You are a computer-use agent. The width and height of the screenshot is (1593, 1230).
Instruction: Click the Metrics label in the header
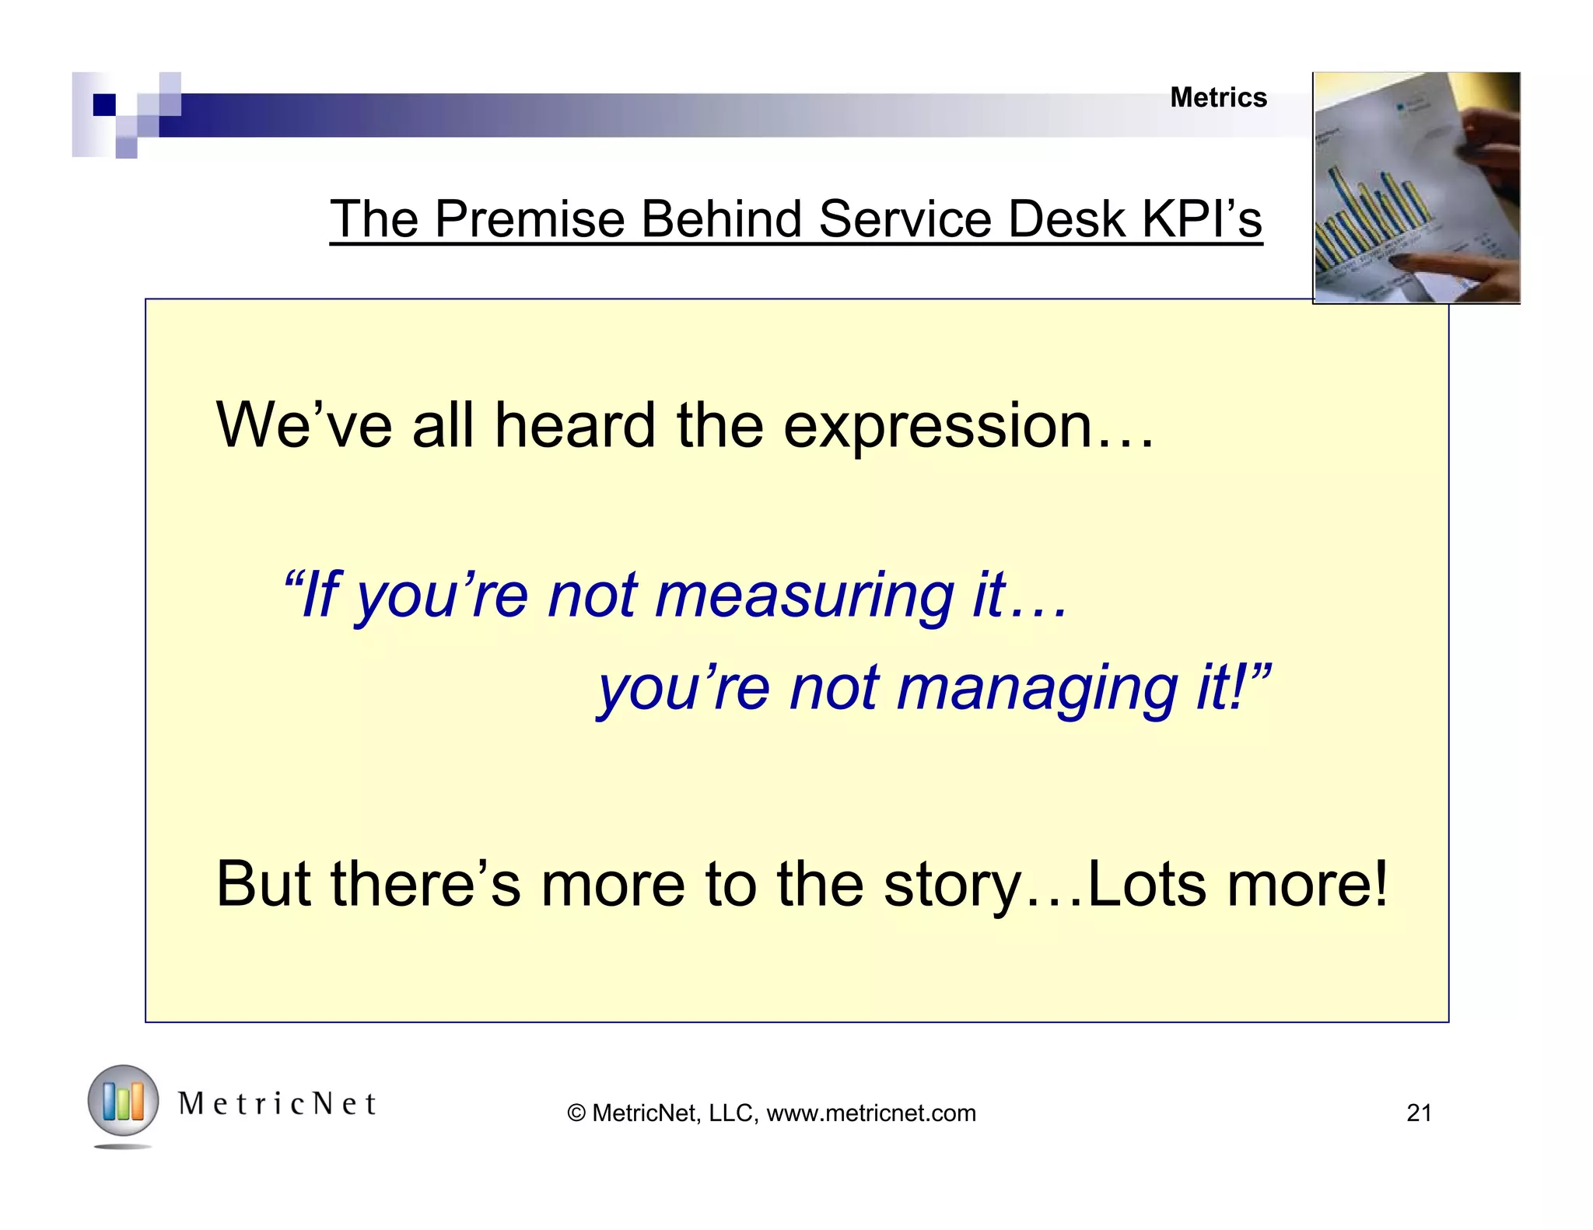click(1218, 98)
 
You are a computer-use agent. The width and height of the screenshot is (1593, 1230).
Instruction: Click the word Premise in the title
click(530, 219)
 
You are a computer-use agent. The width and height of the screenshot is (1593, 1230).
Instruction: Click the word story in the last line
click(954, 885)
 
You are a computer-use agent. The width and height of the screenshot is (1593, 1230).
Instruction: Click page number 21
click(1419, 1113)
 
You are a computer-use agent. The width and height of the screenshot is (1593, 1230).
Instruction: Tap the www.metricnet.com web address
click(870, 1113)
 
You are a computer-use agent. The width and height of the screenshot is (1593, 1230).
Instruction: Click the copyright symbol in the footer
click(576, 1113)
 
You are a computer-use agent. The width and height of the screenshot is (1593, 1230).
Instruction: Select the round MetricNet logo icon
click(123, 1102)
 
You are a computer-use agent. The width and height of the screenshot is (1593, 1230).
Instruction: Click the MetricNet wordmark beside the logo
click(278, 1104)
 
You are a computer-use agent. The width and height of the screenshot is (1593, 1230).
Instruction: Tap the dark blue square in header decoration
click(103, 104)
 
